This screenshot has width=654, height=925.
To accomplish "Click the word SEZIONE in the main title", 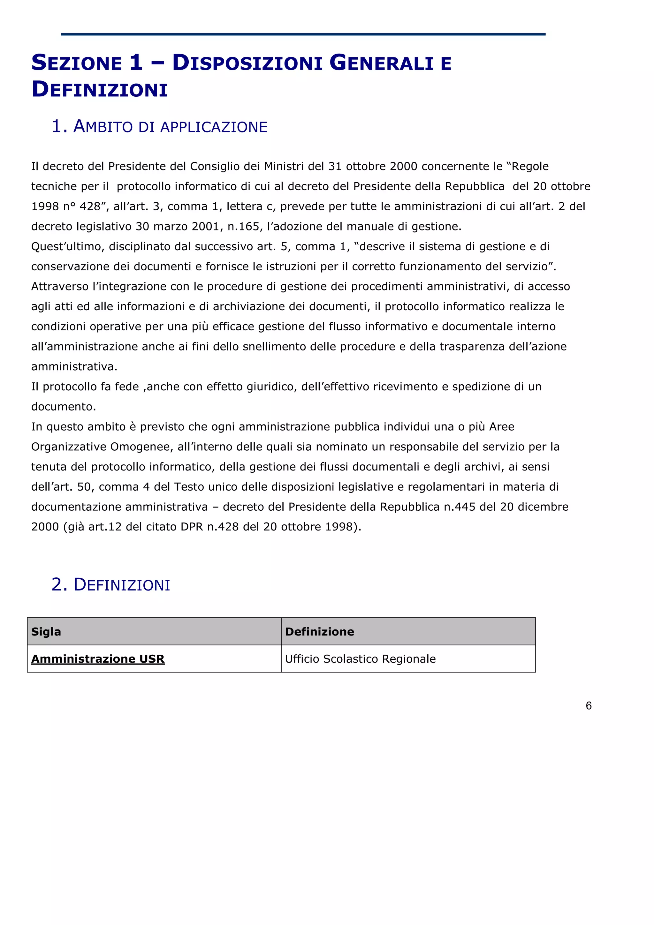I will pos(77,63).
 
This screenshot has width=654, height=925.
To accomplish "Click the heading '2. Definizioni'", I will pos(111,584).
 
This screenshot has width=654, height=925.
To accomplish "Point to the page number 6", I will pos(588,705).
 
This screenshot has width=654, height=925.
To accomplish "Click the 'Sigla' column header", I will pos(46,631).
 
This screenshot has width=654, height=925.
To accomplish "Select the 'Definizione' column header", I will pos(320,631).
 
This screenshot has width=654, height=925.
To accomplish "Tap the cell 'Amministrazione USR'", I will pos(98,659).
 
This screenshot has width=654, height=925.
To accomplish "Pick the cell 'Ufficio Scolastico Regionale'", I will pos(360,659).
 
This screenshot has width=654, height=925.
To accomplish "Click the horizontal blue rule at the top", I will pos(303,34).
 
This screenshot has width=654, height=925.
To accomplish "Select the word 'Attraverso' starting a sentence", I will pos(60,286).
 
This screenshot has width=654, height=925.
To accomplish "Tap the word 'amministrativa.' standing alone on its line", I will pos(74,367).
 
